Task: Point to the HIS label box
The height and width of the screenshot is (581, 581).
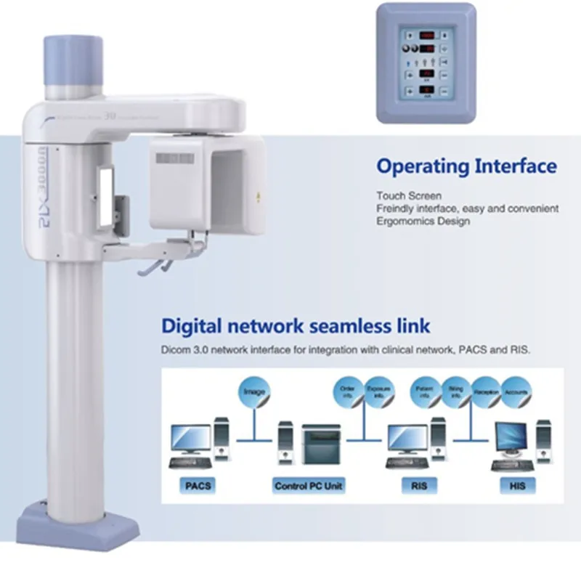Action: coord(517,485)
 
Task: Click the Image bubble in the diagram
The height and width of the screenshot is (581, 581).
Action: coord(254,392)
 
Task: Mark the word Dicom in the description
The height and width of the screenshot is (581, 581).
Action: coord(174,349)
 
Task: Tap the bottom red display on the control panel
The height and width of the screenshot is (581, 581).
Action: coord(426,90)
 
